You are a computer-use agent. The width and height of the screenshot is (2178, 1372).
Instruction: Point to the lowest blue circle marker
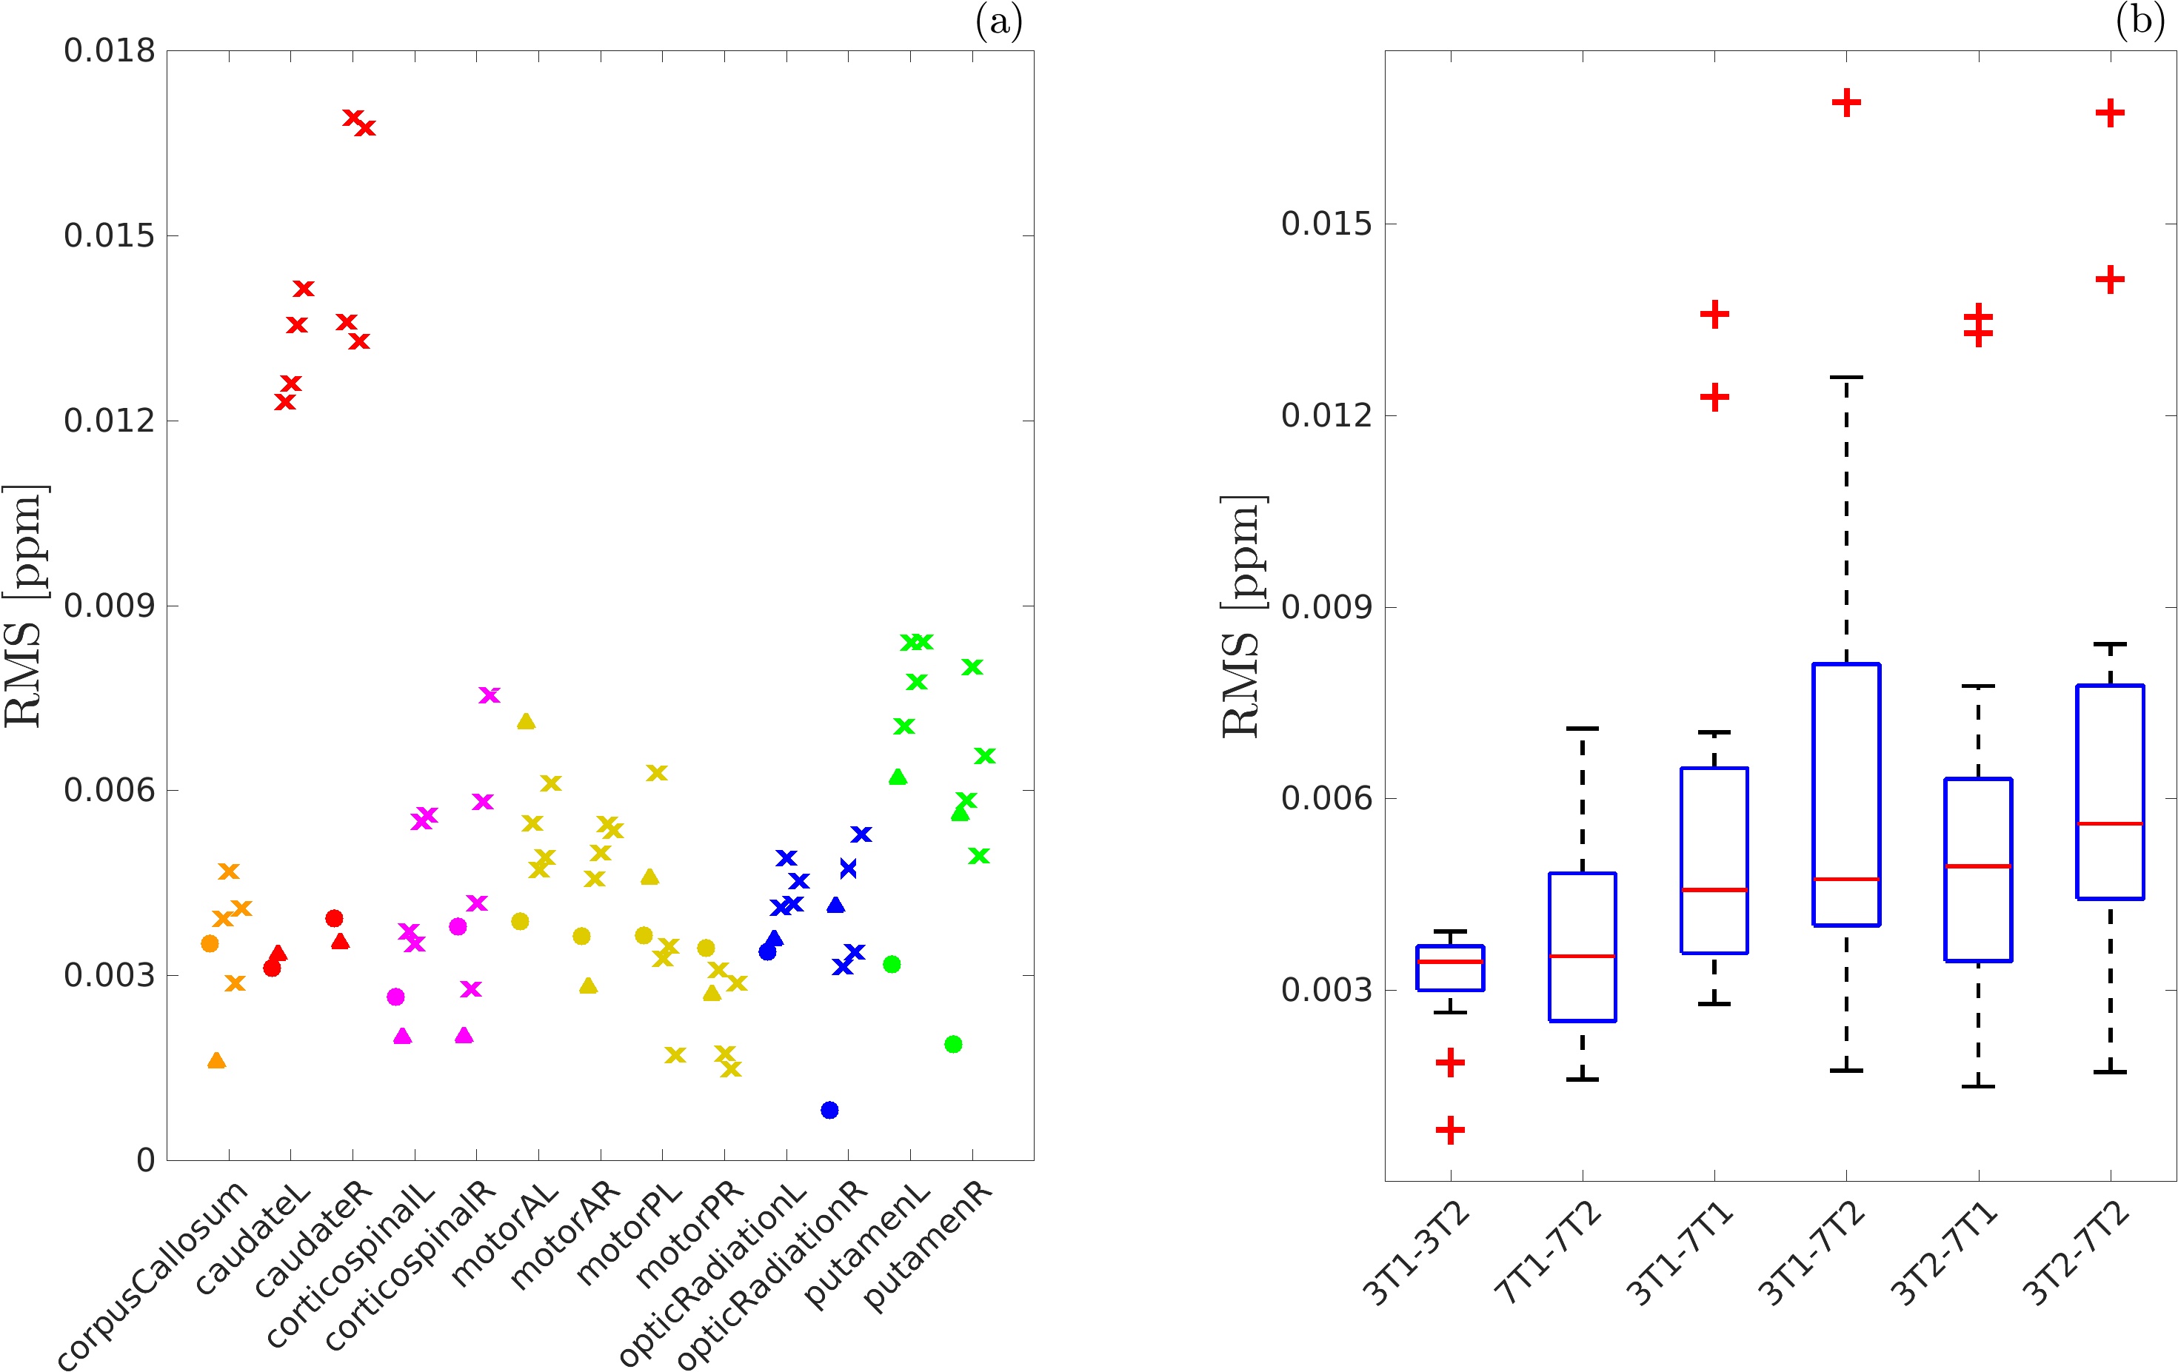click(829, 1110)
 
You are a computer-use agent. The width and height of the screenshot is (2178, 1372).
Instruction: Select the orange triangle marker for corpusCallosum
click(216, 1060)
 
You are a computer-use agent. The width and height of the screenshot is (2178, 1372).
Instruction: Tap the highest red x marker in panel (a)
click(353, 118)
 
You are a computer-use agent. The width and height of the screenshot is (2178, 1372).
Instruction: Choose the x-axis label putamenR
click(929, 1245)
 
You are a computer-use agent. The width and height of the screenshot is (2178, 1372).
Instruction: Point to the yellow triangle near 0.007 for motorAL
click(526, 721)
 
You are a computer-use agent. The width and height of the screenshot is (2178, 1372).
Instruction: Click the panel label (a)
click(998, 21)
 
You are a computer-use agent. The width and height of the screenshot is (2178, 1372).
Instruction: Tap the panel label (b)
click(2140, 20)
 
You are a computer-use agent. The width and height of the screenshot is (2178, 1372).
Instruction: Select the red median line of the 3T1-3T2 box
click(1450, 961)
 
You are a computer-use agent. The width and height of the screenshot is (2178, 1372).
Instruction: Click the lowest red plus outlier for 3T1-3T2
click(1450, 1130)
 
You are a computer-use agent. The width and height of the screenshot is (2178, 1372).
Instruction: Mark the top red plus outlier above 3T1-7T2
click(1846, 102)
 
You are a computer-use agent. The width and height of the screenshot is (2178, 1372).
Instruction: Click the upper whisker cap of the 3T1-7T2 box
click(1846, 377)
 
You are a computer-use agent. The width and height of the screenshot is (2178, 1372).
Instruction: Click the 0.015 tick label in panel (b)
click(1326, 224)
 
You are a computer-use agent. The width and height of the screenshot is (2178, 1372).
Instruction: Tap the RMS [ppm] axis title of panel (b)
click(1243, 617)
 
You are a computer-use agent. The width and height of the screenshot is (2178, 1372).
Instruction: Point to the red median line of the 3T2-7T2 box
click(2110, 824)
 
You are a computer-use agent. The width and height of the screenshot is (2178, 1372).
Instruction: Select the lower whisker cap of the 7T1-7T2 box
click(1582, 1079)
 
